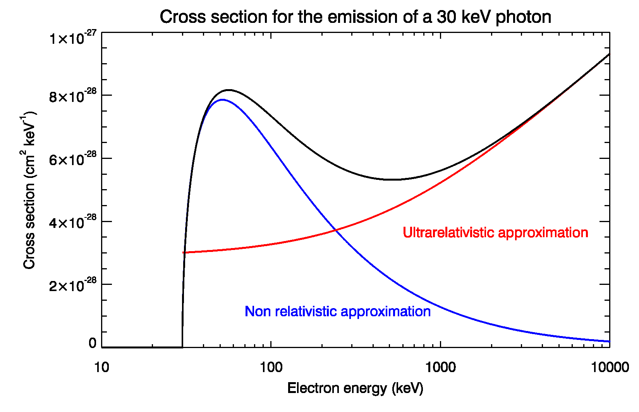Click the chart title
[x=355, y=17]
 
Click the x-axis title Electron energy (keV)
[x=355, y=388]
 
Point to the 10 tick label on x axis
[x=101, y=367]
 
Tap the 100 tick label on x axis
[x=271, y=367]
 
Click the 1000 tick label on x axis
[x=440, y=367]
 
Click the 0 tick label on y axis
[x=92, y=343]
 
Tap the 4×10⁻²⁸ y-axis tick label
[x=72, y=222]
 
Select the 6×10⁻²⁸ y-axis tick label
[x=72, y=159]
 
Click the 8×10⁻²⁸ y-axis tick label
[x=72, y=96]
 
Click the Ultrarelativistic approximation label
[x=495, y=233]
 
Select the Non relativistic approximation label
[x=338, y=311]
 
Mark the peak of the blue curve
[x=222, y=100]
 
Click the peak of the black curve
[x=229, y=90]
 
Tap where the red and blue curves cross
[x=335, y=230]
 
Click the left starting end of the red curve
[x=184, y=253]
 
